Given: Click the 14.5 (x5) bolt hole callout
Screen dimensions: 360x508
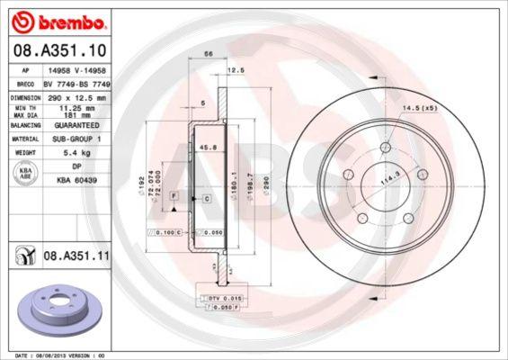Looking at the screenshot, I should click(x=419, y=109).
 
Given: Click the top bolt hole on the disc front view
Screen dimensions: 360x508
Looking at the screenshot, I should click(x=385, y=148).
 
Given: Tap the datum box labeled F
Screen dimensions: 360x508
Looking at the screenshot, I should click(x=174, y=195).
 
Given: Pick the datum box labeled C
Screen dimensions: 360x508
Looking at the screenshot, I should click(x=206, y=197).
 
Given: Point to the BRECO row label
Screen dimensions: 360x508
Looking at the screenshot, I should click(x=27, y=82).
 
